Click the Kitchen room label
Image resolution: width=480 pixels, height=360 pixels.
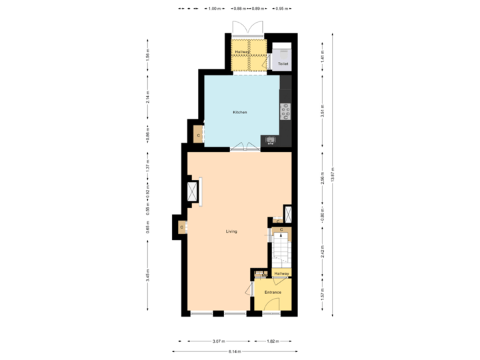pos(239,112)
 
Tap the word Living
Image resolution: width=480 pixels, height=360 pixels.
pos(231,231)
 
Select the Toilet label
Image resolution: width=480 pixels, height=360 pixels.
pos(283,64)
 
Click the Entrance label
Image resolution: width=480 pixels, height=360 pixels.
pos(273,293)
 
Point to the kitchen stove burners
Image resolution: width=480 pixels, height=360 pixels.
pos(286,111)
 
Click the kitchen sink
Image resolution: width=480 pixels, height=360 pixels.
pos(271,140)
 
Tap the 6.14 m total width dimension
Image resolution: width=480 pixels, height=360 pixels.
pos(235,351)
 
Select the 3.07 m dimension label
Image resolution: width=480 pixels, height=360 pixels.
pos(217,341)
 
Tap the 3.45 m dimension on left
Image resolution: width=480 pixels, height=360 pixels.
pos(147,274)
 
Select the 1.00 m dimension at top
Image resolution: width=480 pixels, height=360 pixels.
pos(213,9)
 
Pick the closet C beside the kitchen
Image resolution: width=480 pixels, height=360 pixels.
pos(198,135)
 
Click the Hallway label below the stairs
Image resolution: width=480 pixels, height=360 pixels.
pos(281,273)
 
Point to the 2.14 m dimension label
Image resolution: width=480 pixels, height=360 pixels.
pos(147,97)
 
